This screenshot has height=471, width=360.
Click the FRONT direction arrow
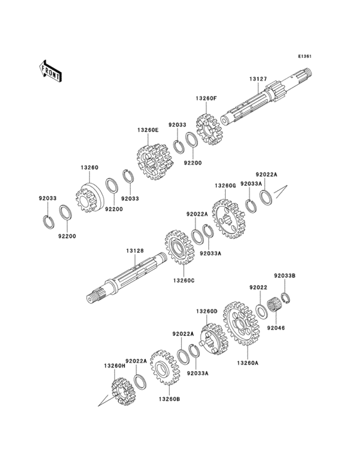[50, 71]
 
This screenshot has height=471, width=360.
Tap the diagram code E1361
[305, 56]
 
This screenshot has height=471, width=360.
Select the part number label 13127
[258, 79]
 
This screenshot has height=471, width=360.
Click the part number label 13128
[135, 250]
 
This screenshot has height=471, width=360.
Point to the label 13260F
[206, 98]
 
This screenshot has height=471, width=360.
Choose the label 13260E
[148, 130]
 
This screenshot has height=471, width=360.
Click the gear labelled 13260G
[229, 219]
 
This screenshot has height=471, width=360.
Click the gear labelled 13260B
[165, 367]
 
